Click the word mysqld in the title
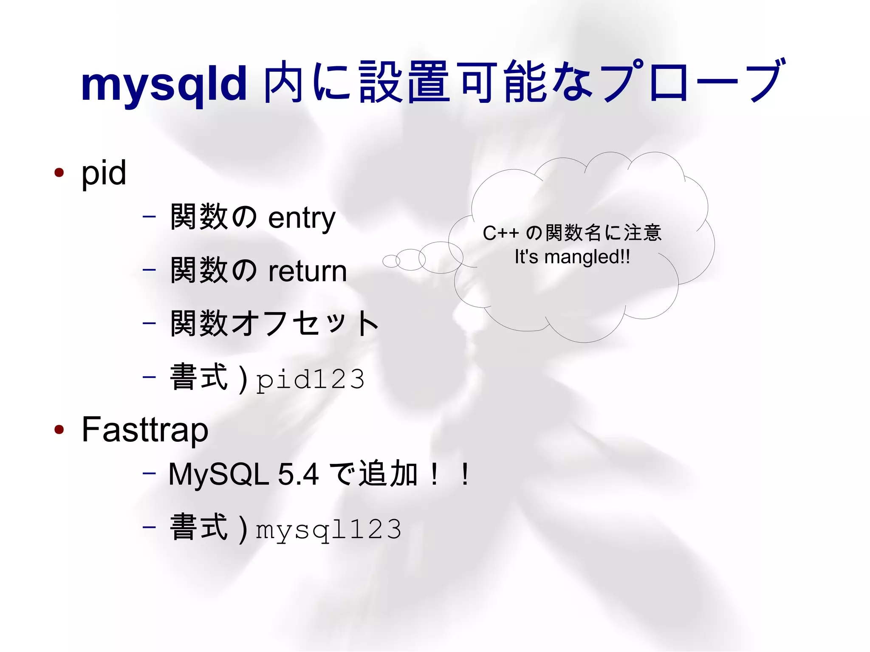pyautogui.click(x=164, y=84)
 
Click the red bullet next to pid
pyautogui.click(x=59, y=172)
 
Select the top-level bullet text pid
pyautogui.click(x=104, y=173)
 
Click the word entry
pyautogui.click(x=302, y=218)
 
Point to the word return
pyautogui.click(x=308, y=271)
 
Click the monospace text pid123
pyautogui.click(x=311, y=379)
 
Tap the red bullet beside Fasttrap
pyautogui.click(x=59, y=429)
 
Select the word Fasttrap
pyautogui.click(x=145, y=429)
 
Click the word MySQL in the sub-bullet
pyautogui.click(x=219, y=474)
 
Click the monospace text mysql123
pyautogui.click(x=328, y=529)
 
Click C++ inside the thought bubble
pyautogui.click(x=500, y=233)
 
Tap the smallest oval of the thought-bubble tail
pyautogui.click(x=391, y=261)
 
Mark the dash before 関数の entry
pyautogui.click(x=149, y=217)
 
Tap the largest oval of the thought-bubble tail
pyautogui.click(x=441, y=257)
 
